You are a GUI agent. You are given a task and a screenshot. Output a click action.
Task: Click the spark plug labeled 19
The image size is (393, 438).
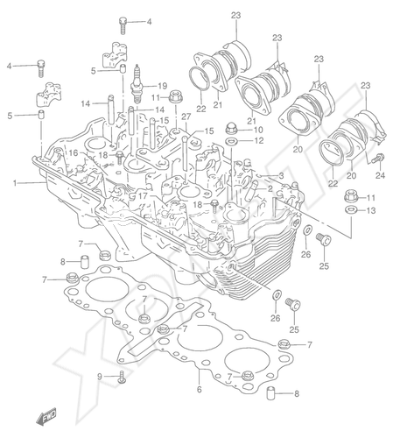pyautogui.click(x=137, y=84)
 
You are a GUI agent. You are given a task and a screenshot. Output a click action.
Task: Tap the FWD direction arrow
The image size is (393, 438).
pyautogui.click(x=46, y=416)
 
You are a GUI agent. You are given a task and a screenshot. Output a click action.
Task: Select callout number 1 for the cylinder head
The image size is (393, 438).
pyautogui.click(x=14, y=183)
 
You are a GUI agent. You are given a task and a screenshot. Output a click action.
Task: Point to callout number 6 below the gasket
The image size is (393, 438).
pyautogui.click(x=200, y=389)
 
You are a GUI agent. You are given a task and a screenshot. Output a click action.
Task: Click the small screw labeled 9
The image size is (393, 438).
pyautogui.click(x=123, y=378)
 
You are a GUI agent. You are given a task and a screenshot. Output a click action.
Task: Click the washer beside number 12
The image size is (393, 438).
pyautogui.click(x=231, y=141)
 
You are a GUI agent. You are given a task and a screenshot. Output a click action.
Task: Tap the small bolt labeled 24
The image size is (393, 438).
pyautogui.click(x=378, y=159)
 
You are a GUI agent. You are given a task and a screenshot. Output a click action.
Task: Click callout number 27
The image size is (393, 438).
pyautogui.click(x=186, y=117)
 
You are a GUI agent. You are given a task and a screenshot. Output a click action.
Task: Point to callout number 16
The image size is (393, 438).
pyautogui.click(x=74, y=152)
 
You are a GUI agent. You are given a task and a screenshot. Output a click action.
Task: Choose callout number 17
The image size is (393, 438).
pyautogui.click(x=143, y=196)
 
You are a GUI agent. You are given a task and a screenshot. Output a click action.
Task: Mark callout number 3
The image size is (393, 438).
pyautogui.click(x=281, y=175)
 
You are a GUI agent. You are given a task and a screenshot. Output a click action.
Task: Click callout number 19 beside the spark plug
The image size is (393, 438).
pyautogui.click(x=163, y=86)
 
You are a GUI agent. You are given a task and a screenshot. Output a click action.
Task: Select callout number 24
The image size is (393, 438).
pyautogui.click(x=380, y=175)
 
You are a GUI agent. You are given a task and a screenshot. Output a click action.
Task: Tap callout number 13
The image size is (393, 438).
pyautogui.click(x=370, y=210)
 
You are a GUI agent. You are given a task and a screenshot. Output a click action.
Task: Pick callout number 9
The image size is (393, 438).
pyautogui.click(x=100, y=377)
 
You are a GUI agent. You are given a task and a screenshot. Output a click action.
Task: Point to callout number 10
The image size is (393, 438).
pyautogui.click(x=258, y=130)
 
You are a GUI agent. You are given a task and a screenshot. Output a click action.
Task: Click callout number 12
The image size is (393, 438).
pyautogui.click(x=259, y=140)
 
